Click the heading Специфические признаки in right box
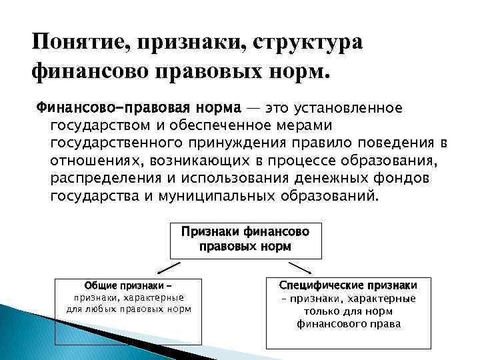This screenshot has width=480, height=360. tap(349, 285)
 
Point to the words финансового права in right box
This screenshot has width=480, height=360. tap(349, 324)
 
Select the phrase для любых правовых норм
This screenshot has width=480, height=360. tap(129, 309)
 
